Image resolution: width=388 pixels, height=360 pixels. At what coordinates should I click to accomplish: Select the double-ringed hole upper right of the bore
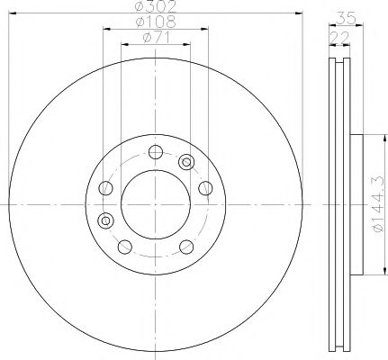tap(186, 162)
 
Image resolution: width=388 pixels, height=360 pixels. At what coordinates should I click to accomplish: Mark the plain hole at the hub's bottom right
tap(185, 246)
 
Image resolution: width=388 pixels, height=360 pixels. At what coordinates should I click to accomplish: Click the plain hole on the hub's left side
tap(106, 188)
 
